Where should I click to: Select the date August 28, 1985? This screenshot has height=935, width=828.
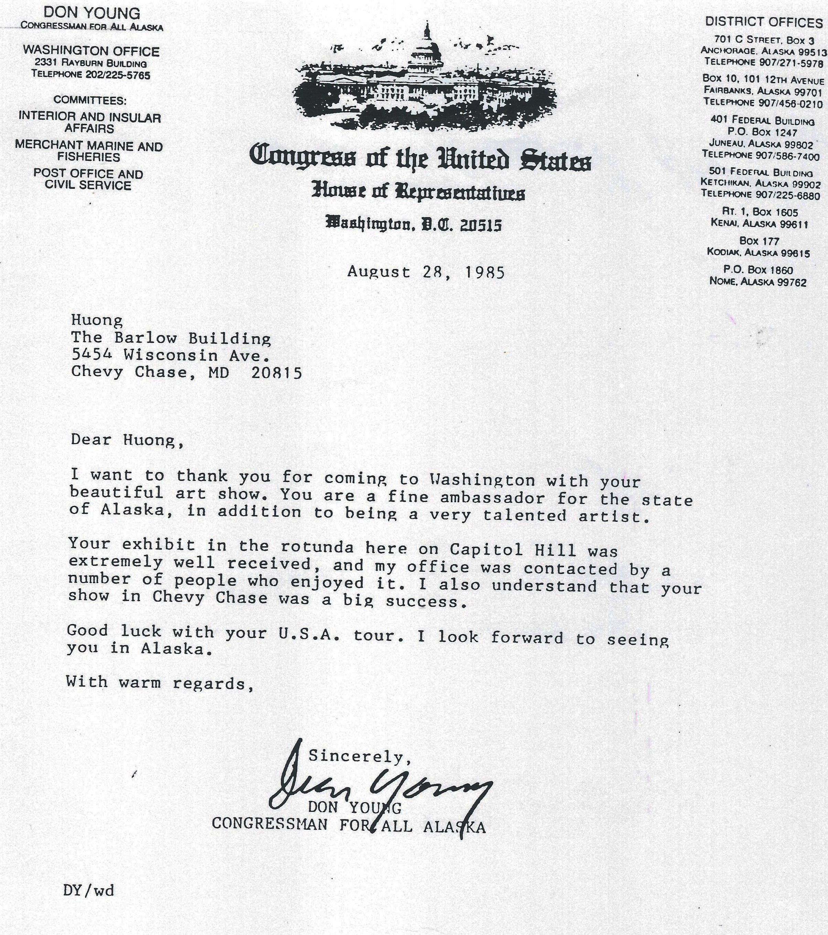(426, 272)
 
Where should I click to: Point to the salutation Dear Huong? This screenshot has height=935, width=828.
(127, 440)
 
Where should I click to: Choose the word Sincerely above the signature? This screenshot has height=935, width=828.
(359, 756)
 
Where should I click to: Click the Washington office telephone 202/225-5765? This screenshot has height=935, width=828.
(117, 75)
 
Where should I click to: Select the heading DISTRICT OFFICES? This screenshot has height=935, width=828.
(763, 22)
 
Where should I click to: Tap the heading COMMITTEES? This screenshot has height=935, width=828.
(90, 100)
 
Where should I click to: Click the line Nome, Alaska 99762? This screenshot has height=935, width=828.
(758, 282)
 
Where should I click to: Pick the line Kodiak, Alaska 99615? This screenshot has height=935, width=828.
(758, 252)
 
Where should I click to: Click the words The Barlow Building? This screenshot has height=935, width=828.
(171, 338)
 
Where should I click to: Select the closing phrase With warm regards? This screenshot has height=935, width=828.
(159, 682)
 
